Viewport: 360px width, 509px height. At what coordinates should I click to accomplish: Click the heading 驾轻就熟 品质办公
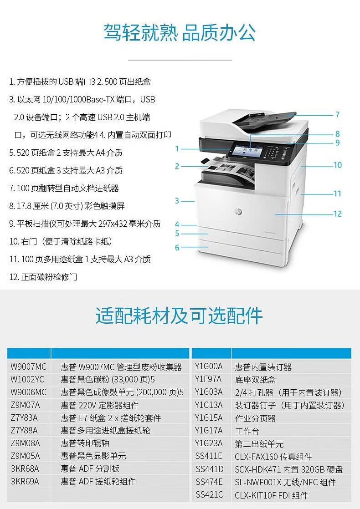(x=180, y=32)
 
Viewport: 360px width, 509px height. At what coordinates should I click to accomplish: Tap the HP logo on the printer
(x=238, y=212)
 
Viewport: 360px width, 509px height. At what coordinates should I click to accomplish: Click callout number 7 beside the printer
(x=337, y=115)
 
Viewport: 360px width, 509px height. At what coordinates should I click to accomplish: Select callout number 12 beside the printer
(x=338, y=214)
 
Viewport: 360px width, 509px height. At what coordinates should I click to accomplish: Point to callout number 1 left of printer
(x=177, y=149)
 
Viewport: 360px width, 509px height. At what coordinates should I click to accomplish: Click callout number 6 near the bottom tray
(x=177, y=248)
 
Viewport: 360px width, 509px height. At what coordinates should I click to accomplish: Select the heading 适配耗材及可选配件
(x=179, y=316)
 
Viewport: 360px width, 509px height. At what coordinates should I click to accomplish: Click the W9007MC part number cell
(x=29, y=367)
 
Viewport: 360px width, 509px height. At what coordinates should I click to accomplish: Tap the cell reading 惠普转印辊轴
(x=85, y=443)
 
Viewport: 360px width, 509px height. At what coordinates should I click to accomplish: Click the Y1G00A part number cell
(x=209, y=366)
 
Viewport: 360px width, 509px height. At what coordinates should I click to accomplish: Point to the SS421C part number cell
(x=209, y=495)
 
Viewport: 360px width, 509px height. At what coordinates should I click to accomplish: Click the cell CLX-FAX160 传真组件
(x=273, y=457)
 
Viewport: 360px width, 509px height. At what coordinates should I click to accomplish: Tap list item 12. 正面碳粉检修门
(x=43, y=277)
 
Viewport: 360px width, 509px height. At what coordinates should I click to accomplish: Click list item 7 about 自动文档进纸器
(x=64, y=188)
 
